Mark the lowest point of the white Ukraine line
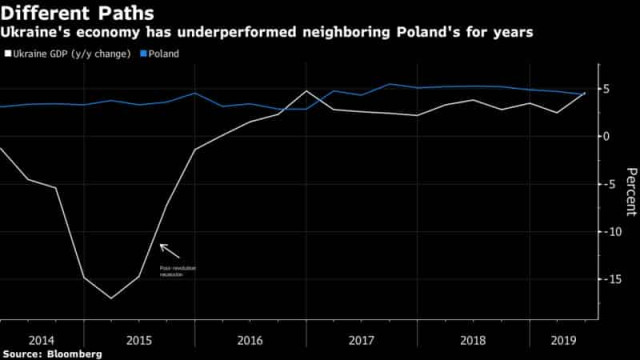click(110, 298)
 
